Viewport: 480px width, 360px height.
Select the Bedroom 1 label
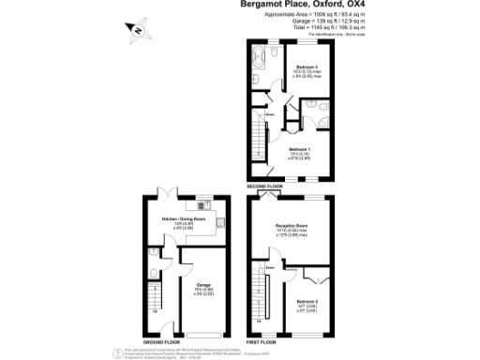pos(299,150)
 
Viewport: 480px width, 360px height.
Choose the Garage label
pos(202,284)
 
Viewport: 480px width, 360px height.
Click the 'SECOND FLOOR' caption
pos(265,187)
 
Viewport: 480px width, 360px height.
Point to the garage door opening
pos(203,335)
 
